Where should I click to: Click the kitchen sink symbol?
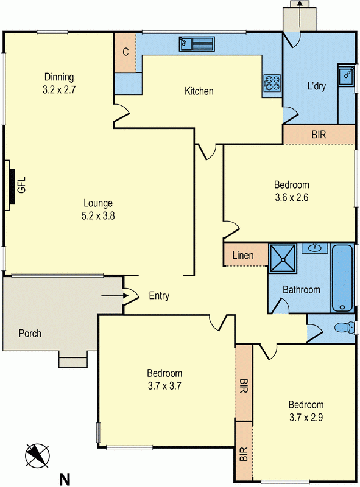(197, 43)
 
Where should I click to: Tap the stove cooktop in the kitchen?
(272, 83)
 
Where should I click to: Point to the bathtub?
(342, 278)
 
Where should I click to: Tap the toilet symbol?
(345, 328)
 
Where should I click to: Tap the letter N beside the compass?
(64, 478)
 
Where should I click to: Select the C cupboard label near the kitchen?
(125, 52)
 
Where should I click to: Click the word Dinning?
(59, 77)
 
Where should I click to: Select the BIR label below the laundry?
(319, 135)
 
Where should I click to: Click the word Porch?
(30, 333)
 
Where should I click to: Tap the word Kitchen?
(199, 91)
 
